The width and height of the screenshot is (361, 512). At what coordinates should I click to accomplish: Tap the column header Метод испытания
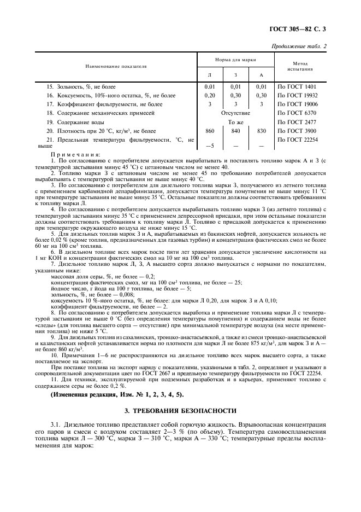point(301,66)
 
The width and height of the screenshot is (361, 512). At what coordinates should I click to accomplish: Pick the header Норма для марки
point(235,59)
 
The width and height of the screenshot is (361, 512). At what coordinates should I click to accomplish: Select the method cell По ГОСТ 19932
point(299,95)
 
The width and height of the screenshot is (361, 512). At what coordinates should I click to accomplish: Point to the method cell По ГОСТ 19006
point(299,104)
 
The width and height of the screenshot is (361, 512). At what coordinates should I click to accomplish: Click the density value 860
point(209,131)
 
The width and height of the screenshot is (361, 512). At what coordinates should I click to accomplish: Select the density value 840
point(235,131)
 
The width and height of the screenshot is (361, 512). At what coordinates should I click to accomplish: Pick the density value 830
point(262,131)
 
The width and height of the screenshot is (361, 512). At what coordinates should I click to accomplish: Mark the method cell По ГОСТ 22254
point(299,140)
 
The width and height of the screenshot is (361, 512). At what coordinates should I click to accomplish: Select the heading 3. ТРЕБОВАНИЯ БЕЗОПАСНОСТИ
point(180,410)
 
